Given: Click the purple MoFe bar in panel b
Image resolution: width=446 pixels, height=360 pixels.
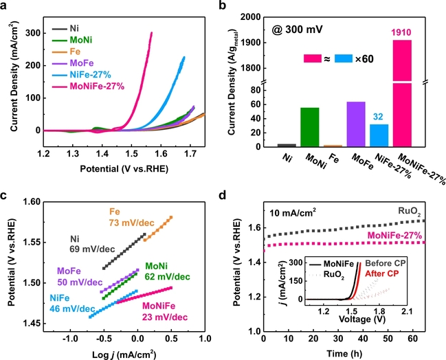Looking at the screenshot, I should point(356,124).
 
